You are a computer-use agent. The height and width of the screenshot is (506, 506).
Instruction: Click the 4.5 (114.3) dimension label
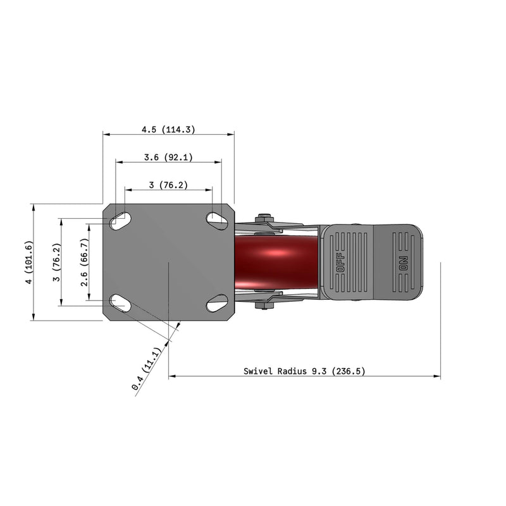click(168, 129)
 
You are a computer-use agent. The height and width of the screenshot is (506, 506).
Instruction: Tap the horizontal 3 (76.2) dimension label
click(168, 185)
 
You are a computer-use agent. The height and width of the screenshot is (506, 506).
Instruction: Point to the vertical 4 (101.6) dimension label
click(27, 262)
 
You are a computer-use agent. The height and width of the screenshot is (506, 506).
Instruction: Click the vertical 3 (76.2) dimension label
click(56, 262)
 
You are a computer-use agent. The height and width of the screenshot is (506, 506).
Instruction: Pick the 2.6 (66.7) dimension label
click(84, 262)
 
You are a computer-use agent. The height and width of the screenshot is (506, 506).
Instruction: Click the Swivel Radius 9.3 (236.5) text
click(304, 372)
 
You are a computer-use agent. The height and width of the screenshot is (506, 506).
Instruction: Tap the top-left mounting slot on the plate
click(120, 221)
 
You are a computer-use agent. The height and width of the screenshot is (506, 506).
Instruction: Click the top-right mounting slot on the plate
click(217, 220)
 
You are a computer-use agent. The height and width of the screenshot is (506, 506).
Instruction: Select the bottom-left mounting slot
click(120, 304)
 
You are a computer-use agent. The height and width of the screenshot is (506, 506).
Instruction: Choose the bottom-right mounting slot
click(217, 304)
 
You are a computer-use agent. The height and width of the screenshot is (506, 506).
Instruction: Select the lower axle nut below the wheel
click(264, 305)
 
